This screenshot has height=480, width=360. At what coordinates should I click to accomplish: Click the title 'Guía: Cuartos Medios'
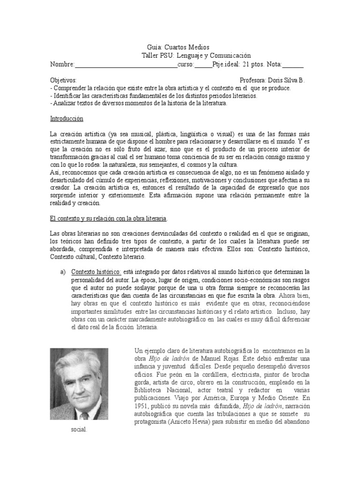(x=175, y=47)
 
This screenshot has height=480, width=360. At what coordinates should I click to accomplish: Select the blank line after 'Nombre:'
(x=126, y=65)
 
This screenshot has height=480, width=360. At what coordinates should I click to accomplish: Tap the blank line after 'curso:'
(x=203, y=65)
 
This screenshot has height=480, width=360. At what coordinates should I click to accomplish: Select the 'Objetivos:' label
(x=63, y=80)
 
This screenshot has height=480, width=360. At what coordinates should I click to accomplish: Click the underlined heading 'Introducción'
(x=67, y=119)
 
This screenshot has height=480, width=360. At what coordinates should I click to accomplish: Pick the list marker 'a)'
(x=62, y=272)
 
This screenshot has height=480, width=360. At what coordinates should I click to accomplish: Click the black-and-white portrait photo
(x=79, y=384)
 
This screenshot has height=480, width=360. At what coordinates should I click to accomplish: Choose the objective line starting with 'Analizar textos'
(x=139, y=103)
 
